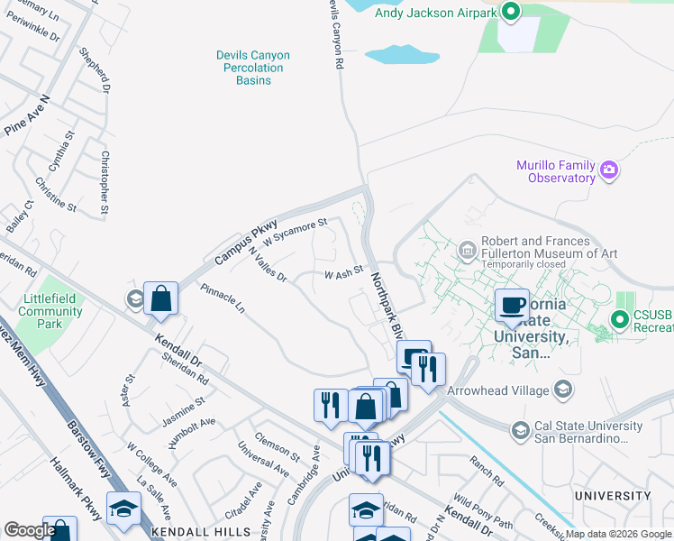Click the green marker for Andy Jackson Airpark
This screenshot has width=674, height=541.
511,13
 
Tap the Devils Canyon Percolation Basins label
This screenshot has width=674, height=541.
250,68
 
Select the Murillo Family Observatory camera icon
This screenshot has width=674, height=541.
610,170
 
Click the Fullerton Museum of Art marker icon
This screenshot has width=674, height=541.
467,248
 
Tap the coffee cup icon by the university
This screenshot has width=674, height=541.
512,305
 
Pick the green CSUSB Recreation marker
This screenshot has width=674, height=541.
619,319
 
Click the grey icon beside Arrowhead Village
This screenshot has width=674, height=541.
563,390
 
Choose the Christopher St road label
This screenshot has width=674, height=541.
105,184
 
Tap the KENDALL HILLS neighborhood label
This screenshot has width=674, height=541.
187,532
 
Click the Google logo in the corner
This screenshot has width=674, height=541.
29,530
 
